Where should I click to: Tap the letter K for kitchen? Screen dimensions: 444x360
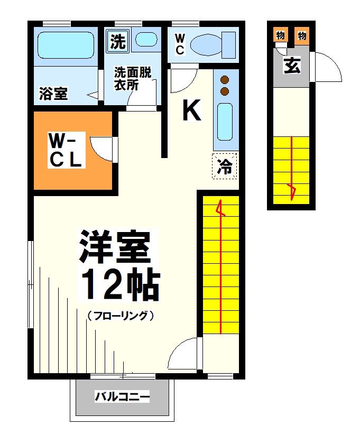coord(191,110)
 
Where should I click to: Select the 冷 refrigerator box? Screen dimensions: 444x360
coord(225,166)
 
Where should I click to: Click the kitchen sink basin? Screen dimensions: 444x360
coord(225,122)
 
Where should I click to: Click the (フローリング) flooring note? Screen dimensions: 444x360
coord(121,316)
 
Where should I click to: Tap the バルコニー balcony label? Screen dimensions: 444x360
coord(123,396)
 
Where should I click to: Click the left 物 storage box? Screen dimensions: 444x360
coord(280,35)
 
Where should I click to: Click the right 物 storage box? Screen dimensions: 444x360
coord(302,35)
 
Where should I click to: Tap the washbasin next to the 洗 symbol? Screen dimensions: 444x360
coord(145,40)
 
